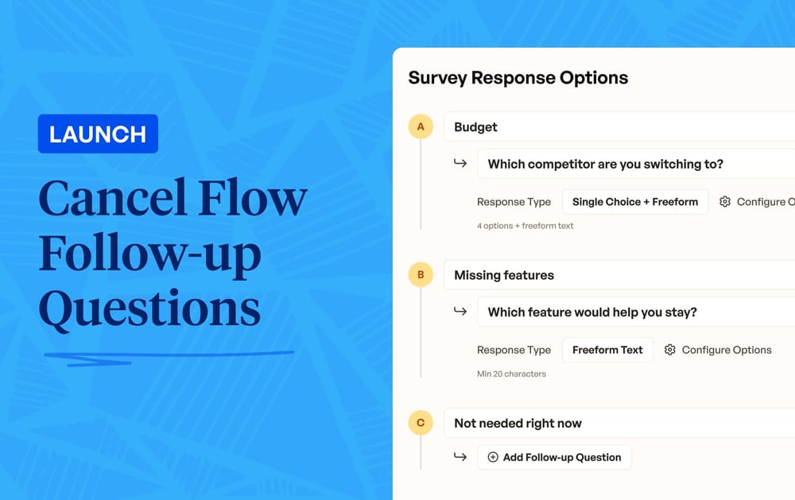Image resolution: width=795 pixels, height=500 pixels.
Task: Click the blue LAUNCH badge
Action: coord(98,134)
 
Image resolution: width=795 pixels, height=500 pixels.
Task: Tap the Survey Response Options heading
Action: coord(518,78)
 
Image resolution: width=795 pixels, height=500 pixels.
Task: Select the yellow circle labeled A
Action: coord(421,127)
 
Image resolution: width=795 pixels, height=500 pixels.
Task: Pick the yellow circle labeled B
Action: coord(421,275)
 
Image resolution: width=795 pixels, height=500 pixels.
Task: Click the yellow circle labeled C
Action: coord(421,423)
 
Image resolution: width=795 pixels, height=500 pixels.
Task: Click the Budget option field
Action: coord(620,127)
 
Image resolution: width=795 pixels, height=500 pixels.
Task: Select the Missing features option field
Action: coord(620,275)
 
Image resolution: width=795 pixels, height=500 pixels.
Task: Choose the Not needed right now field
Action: coord(620,423)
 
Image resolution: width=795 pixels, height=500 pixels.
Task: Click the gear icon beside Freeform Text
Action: coord(670,350)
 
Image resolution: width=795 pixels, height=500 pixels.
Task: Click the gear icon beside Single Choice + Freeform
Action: coord(725,202)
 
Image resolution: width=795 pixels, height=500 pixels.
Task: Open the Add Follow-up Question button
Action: coord(554,457)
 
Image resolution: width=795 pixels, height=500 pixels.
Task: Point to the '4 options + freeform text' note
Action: coord(525,226)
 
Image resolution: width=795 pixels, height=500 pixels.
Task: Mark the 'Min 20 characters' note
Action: coord(511,374)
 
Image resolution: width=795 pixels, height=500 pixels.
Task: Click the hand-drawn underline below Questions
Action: coord(167,356)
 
